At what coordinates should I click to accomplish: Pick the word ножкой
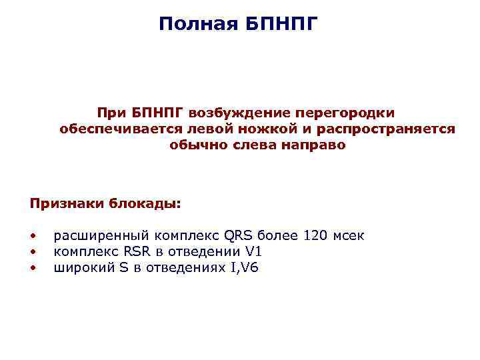[262, 129]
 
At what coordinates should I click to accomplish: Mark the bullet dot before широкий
[32, 268]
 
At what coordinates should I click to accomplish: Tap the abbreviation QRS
[238, 235]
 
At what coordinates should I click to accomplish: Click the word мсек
[348, 235]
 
